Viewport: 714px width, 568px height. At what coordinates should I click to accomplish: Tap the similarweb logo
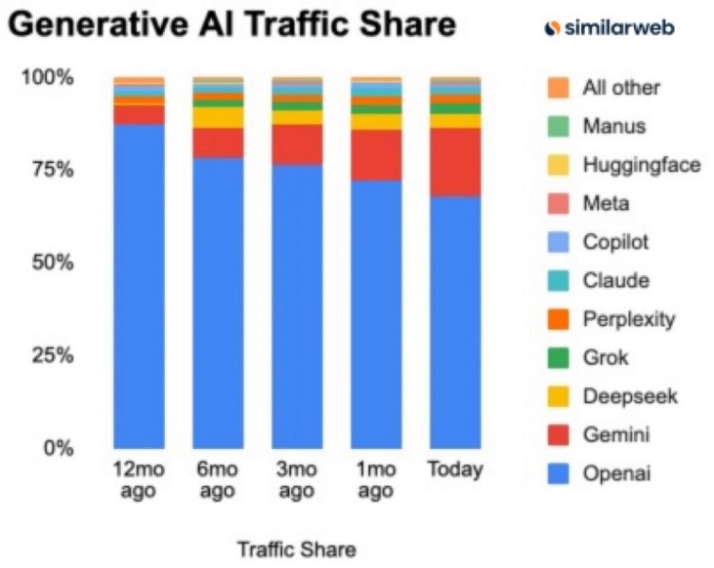(x=608, y=29)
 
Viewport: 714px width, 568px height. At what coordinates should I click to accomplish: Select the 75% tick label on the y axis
(x=49, y=169)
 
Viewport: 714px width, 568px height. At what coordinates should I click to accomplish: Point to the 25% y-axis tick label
(x=49, y=355)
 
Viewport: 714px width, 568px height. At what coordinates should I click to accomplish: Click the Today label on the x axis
(x=455, y=470)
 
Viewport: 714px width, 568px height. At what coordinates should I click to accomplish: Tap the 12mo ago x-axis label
(x=138, y=480)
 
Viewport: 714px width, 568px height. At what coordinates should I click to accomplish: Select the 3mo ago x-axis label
(x=296, y=480)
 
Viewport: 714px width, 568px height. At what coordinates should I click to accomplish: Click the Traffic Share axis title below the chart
(x=296, y=549)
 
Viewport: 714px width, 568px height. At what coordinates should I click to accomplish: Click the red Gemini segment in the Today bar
(x=455, y=162)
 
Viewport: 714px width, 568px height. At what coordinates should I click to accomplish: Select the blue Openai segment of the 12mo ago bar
(x=138, y=285)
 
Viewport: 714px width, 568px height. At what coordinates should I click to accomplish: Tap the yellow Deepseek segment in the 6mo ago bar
(x=217, y=117)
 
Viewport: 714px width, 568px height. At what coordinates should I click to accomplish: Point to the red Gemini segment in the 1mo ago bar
(x=376, y=155)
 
